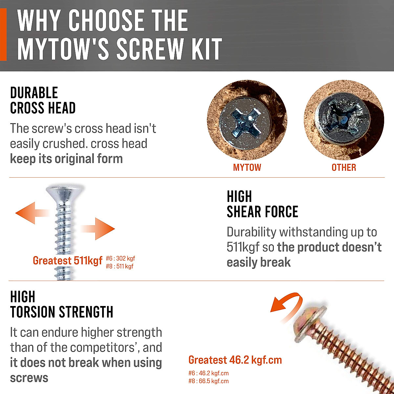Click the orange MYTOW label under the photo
click(x=247, y=167)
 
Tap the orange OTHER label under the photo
click(x=343, y=167)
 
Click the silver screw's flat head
click(x=65, y=192)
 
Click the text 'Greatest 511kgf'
click(x=68, y=261)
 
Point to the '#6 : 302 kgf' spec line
click(x=120, y=258)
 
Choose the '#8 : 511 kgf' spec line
click(x=120, y=266)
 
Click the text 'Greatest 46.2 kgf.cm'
click(x=235, y=360)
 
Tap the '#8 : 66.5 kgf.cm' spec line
click(x=208, y=381)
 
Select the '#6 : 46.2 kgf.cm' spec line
click(x=208, y=373)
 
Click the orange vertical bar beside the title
click(x=3, y=34)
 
